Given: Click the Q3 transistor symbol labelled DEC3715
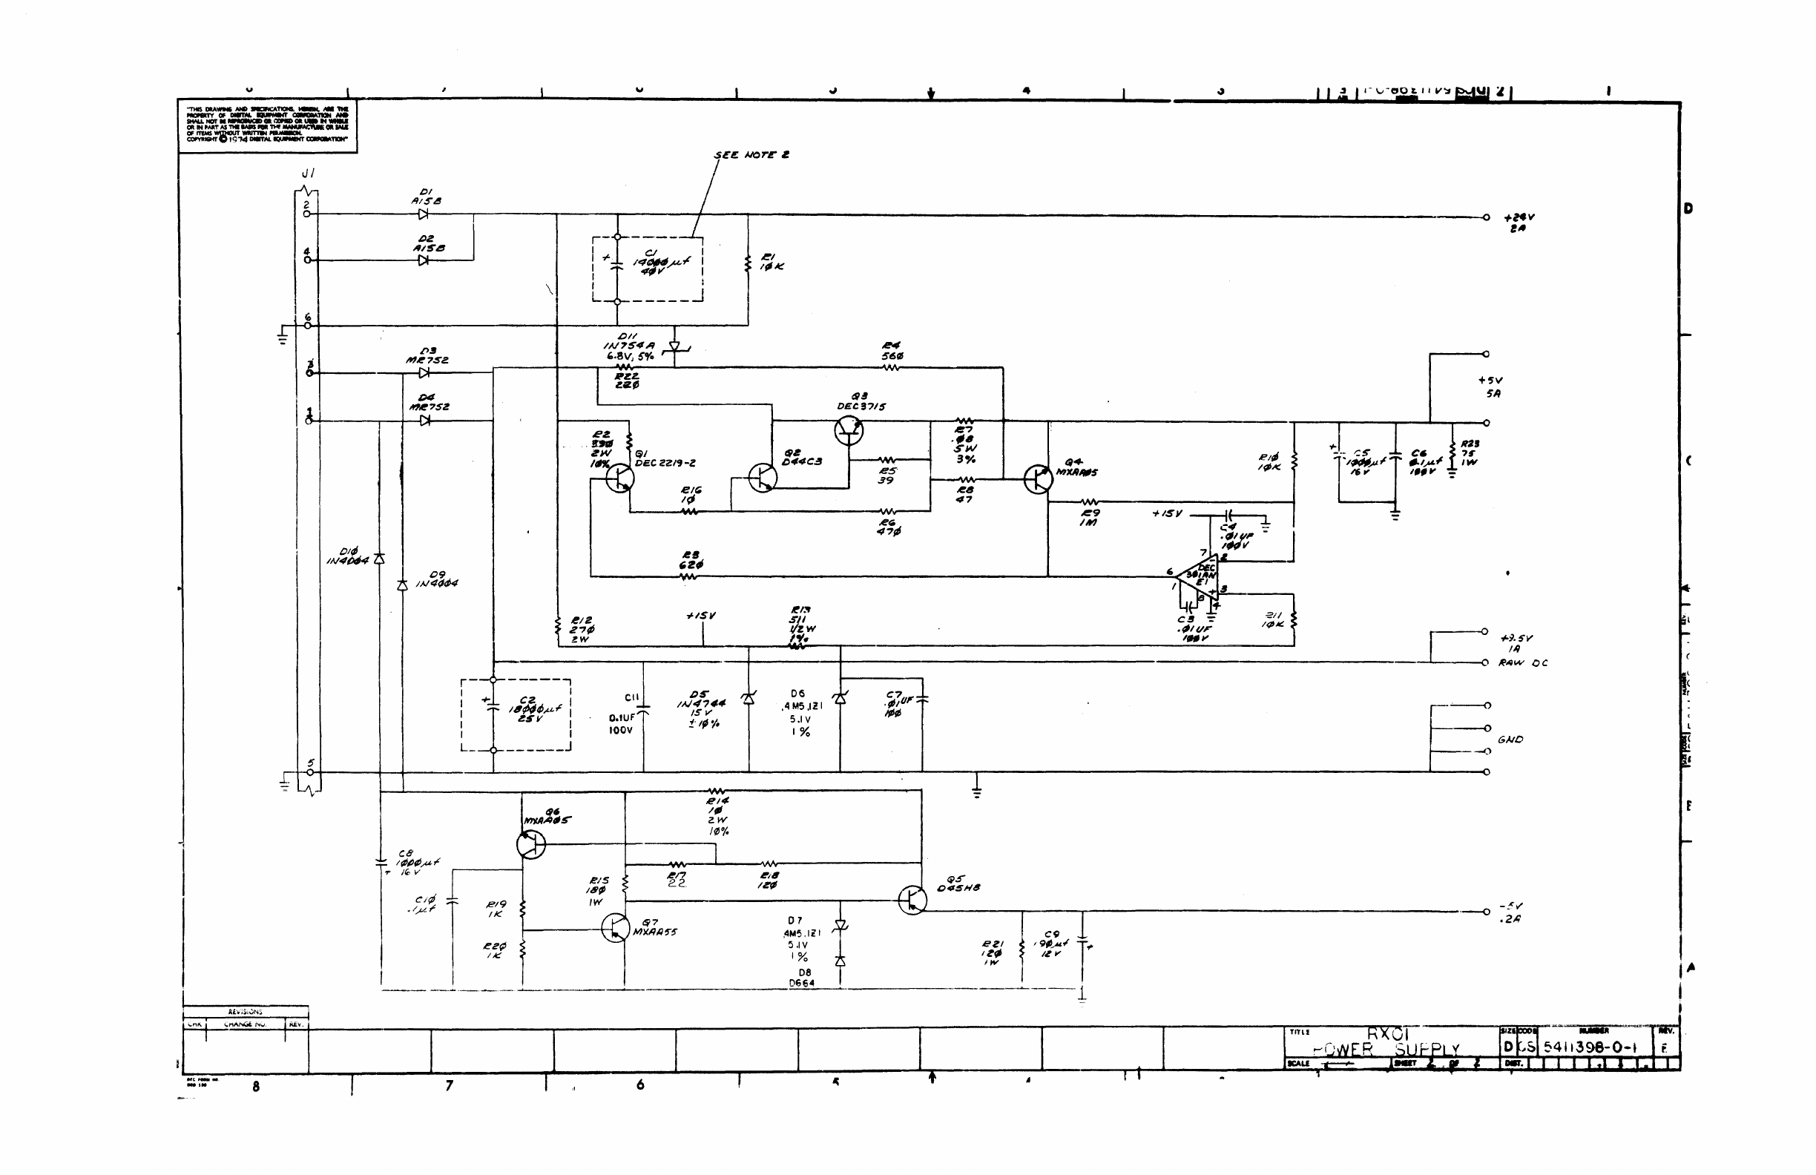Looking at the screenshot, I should [849, 431].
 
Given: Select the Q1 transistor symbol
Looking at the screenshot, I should [619, 478].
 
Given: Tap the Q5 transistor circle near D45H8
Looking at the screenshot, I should [912, 901].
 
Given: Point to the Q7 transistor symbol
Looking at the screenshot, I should [615, 928].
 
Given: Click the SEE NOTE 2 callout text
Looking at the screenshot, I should [751, 155].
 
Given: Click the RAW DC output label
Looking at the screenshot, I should [1523, 663].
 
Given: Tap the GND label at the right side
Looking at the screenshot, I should [1510, 740].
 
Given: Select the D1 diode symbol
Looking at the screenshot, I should [423, 214].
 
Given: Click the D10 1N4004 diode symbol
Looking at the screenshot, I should [379, 559].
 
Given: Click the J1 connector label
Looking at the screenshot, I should [308, 174].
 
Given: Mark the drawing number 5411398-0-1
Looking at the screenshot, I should [1592, 1047].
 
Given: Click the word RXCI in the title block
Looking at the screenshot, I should [1387, 1034].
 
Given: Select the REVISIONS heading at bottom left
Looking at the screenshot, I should [245, 1012].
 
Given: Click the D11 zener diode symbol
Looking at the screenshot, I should [674, 346].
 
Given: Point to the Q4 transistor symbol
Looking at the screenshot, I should [1038, 479].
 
